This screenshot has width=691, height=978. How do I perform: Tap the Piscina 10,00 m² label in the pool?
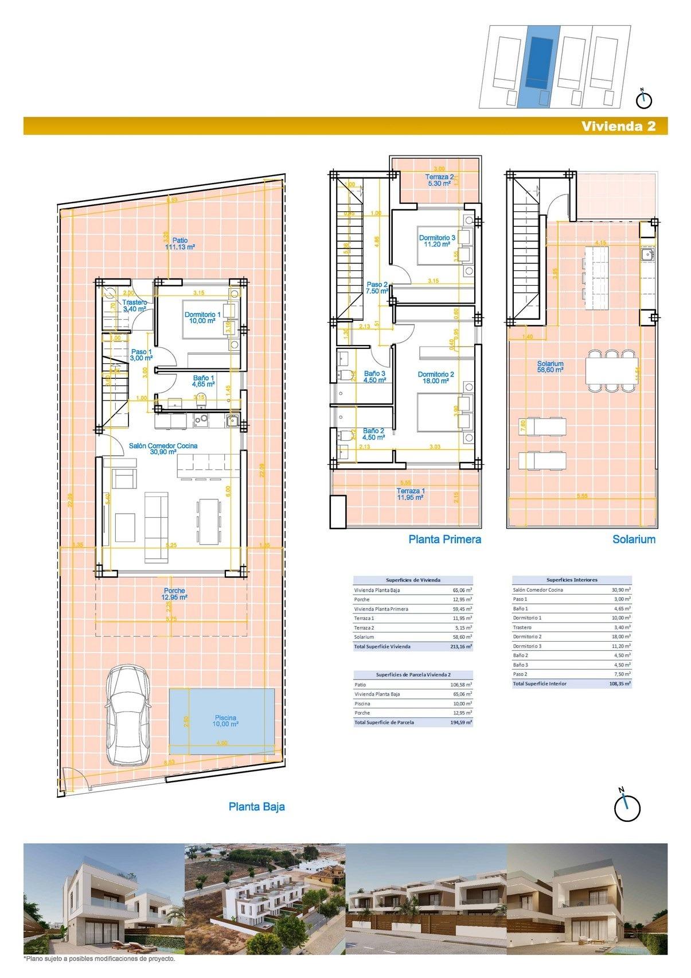pos(225,721)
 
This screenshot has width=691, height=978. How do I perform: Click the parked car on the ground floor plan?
pos(127,715)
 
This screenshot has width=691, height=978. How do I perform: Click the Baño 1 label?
pos(204,381)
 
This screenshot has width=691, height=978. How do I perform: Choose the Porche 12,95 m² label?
pos(174,593)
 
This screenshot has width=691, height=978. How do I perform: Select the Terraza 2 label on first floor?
pos(439,180)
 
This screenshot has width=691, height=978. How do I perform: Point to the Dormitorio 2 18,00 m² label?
pos(436,377)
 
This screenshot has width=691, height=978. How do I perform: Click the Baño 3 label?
pos(374,376)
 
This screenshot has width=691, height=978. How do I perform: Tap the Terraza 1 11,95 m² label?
pos(411,494)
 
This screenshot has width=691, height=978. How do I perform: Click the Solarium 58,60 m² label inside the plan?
pos(550,367)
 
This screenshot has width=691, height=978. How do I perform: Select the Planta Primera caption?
pos(444,539)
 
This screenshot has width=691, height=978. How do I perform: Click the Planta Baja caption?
pos(256,806)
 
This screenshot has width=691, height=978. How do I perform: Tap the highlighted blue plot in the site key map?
pos(540,64)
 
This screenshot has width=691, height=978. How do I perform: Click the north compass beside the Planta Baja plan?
pos(626,807)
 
